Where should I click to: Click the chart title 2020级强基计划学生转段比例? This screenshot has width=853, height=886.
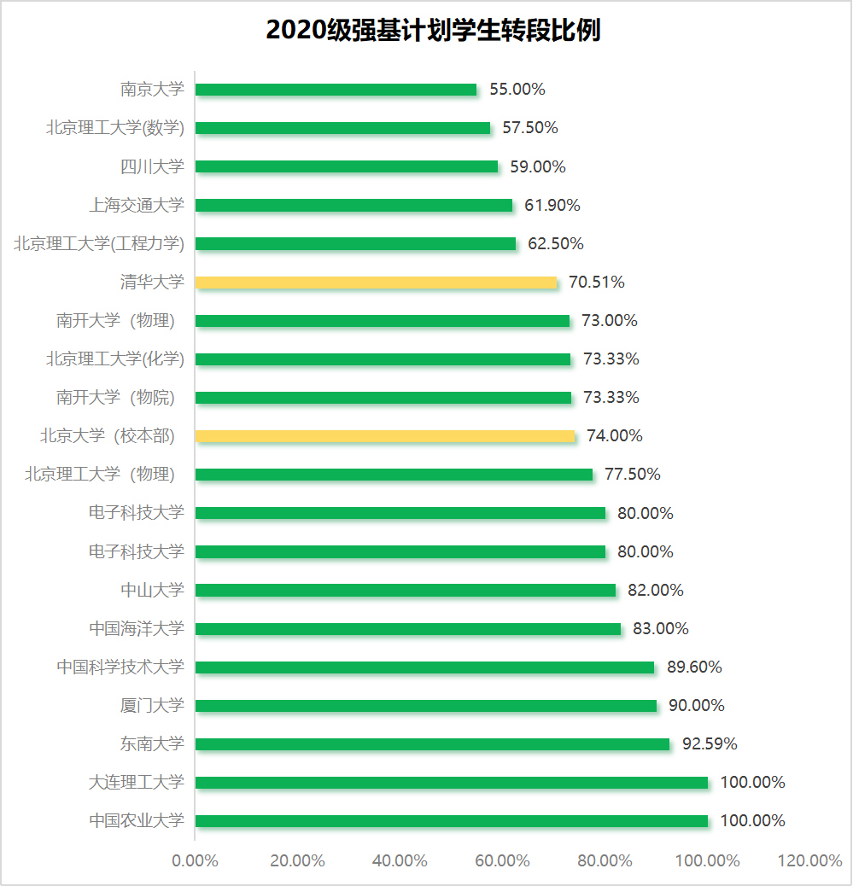coord(433,31)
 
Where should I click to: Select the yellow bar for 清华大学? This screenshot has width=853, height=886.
coord(376,283)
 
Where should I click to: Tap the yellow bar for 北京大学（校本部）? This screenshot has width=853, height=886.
coord(385,436)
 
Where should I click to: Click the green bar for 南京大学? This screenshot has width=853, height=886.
coord(336,90)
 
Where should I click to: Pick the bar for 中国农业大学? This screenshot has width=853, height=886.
coord(452,821)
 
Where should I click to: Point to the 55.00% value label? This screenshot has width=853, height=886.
coord(517,90)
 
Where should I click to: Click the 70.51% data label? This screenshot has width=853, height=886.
coord(596,283)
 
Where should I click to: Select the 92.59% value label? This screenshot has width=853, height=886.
coord(709,744)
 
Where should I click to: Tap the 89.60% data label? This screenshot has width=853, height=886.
coord(693,667)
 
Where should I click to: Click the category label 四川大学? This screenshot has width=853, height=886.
coord(152,166)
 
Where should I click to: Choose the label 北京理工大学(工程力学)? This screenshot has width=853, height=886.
coord(99,244)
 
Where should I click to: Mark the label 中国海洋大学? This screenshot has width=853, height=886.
coord(137,629)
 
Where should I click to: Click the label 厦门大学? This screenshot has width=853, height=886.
coord(152,706)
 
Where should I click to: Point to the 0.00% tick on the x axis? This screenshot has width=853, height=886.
coord(195,860)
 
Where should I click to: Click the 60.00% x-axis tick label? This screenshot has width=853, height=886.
coord(502,860)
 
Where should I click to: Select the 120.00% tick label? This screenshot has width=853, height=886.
coord(809,860)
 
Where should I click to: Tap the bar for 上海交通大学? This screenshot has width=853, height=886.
coord(353,206)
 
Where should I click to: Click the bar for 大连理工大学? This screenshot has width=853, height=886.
coord(452,783)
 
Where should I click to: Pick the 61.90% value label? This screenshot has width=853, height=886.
coord(552,206)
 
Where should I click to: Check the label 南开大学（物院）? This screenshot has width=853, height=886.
coord(115,398)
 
